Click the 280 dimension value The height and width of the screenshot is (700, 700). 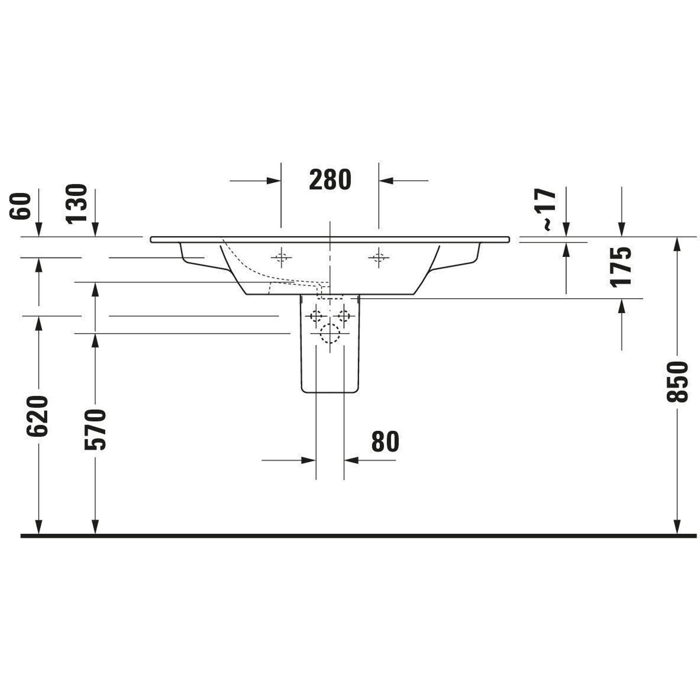[330, 180]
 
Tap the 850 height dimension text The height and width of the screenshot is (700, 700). [677, 381]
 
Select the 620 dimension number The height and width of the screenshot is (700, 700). [37, 416]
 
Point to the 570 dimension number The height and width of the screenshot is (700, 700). [95, 430]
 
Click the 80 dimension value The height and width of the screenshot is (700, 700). [385, 442]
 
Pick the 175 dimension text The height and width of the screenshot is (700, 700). [621, 267]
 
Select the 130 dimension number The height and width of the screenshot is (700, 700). [77, 204]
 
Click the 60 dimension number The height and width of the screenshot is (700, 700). [20, 206]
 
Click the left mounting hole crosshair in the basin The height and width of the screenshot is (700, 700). [281, 258]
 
